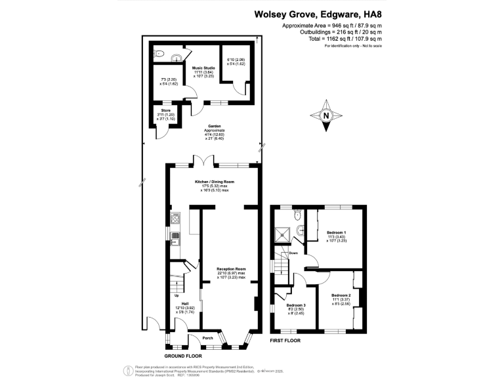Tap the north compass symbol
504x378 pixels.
[326, 115]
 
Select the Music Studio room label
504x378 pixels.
[203, 67]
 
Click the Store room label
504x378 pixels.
[165, 110]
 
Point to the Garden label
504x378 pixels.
[215, 126]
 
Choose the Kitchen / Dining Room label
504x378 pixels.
[215, 181]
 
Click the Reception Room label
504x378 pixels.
[232, 268]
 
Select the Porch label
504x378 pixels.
[208, 339]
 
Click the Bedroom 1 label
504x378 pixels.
[336, 232]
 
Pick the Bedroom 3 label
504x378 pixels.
[295, 305]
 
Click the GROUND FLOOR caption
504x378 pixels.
[183, 354]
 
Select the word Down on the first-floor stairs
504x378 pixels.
[293, 253]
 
